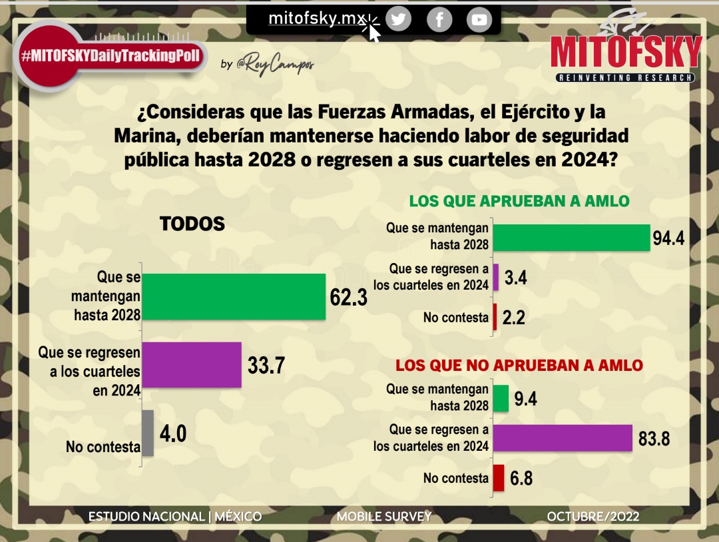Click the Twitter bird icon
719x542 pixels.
pyautogui.click(x=398, y=19)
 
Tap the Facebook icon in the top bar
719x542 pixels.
pyautogui.click(x=439, y=19)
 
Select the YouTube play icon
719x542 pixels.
pyautogui.click(x=479, y=19)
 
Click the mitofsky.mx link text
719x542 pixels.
pyautogui.click(x=314, y=19)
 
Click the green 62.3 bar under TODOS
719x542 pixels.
pyautogui.click(x=234, y=296)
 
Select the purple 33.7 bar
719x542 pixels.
pyautogui.click(x=192, y=364)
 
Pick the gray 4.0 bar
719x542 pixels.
pyautogui.click(x=148, y=433)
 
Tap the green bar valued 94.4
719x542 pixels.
pyautogui.click(x=572, y=237)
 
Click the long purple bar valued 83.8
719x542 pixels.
pyautogui.click(x=563, y=437)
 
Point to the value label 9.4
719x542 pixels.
pyautogui.click(x=525, y=398)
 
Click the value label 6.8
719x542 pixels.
pyautogui.click(x=521, y=478)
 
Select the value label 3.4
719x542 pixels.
pyautogui.click(x=516, y=278)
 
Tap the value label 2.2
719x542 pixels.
pyautogui.click(x=514, y=318)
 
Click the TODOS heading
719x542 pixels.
pyautogui.click(x=192, y=224)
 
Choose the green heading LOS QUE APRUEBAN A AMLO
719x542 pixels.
pyautogui.click(x=519, y=200)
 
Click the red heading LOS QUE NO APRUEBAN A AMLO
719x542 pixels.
pyautogui.click(x=519, y=365)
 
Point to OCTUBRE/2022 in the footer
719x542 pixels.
pyautogui.click(x=593, y=517)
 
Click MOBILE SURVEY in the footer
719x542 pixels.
pyautogui.click(x=384, y=517)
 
